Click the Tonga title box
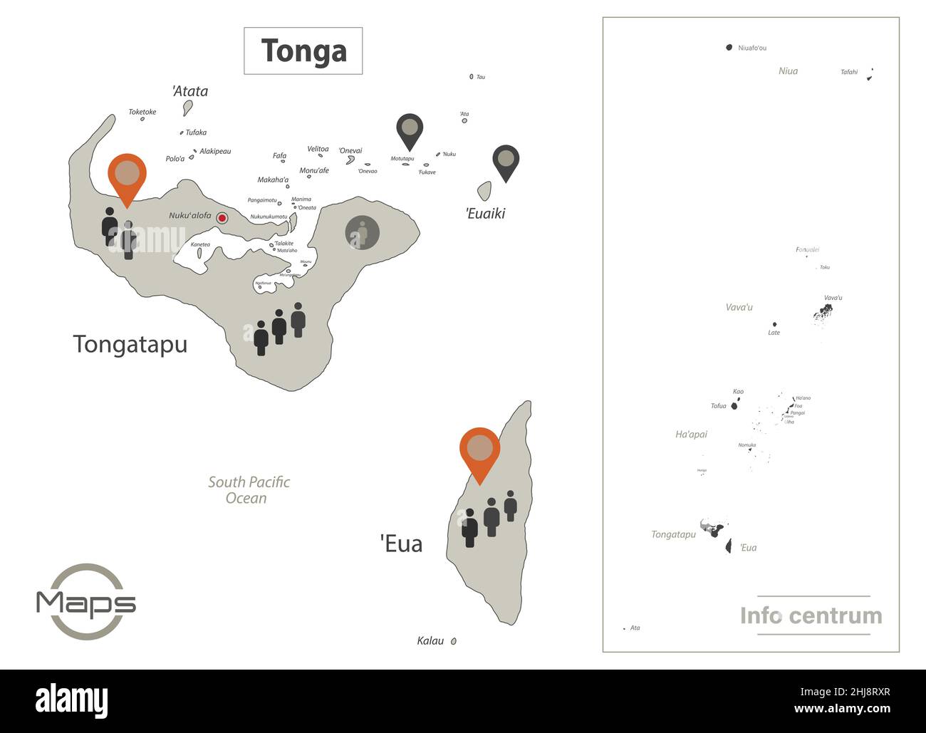pyautogui.click(x=303, y=51)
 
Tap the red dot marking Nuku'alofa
pyautogui.click(x=222, y=218)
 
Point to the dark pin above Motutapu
pyautogui.click(x=410, y=130)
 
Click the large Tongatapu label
pyautogui.click(x=130, y=344)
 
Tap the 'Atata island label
pyautogui.click(x=190, y=91)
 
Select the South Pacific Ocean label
pyautogui.click(x=249, y=490)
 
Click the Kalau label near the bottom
pyautogui.click(x=430, y=640)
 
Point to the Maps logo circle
pyautogui.click(x=86, y=602)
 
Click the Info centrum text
pyautogui.click(x=811, y=615)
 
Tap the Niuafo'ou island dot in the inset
pyautogui.click(x=729, y=48)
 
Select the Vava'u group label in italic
pyautogui.click(x=739, y=308)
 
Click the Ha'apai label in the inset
pyautogui.click(x=691, y=435)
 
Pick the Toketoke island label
pyautogui.click(x=142, y=112)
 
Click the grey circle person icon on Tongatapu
pyautogui.click(x=363, y=232)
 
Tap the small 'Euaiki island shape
pyautogui.click(x=484, y=191)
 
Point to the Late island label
pyautogui.click(x=774, y=333)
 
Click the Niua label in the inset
pyautogui.click(x=788, y=71)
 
